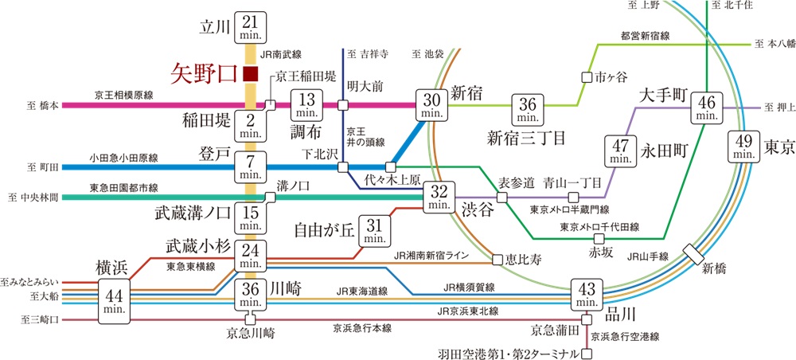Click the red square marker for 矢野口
(x=250, y=74)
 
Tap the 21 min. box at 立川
(x=250, y=31)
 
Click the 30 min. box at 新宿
(x=432, y=104)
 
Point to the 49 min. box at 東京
(x=744, y=147)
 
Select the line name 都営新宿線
(x=643, y=36)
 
